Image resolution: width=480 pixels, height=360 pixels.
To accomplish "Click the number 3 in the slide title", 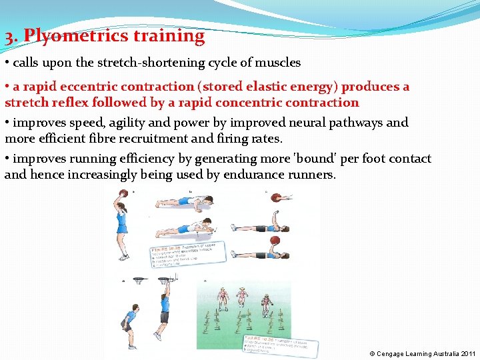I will pyautogui.click(x=9, y=37).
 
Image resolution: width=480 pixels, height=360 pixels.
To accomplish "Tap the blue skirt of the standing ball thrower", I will pyautogui.click(x=122, y=229).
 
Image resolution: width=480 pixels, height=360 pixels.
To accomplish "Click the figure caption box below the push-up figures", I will pyautogui.click(x=188, y=254).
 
